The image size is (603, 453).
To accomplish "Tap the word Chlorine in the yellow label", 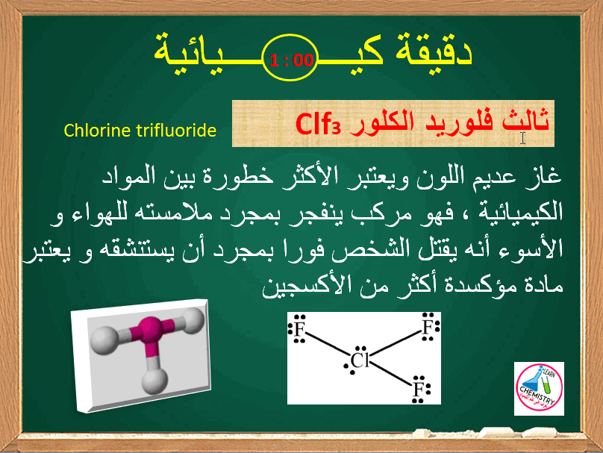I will click(93, 131).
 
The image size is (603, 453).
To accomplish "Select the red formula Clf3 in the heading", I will click(319, 122).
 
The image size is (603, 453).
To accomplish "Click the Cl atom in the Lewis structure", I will click(361, 362).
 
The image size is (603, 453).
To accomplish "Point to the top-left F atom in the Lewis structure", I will click(299, 329).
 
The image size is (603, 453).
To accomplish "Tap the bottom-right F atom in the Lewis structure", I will click(419, 388).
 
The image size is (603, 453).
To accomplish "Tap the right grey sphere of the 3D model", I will click(193, 322).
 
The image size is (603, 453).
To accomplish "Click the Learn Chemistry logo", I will click(539, 388).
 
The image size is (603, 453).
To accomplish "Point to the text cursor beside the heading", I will click(523, 138).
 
